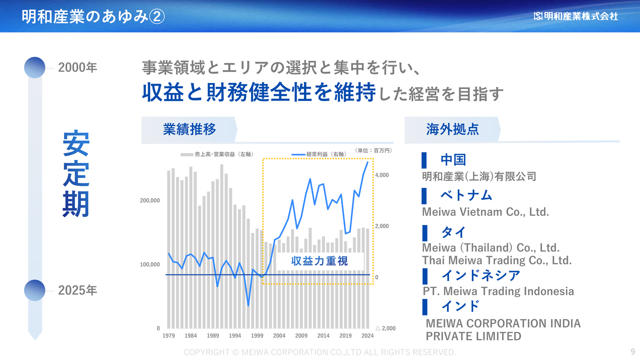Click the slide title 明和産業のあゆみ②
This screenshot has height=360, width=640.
[93, 16]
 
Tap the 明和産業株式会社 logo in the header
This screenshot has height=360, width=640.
[575, 16]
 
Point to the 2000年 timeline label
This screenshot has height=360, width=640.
[77, 67]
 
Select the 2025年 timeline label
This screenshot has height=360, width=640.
[77, 290]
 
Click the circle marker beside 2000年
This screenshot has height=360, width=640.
[34, 67]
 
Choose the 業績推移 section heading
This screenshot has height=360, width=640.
[189, 129]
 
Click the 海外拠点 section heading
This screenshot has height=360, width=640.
[452, 129]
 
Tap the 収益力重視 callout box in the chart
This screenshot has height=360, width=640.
[319, 261]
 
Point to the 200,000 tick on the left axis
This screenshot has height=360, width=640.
[149, 200]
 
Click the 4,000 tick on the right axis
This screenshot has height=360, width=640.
[381, 175]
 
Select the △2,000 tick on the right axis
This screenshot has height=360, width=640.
[385, 328]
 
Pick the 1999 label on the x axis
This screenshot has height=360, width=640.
[257, 335]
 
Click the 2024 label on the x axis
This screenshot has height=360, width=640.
[367, 335]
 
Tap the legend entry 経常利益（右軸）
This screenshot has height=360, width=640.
[319, 154]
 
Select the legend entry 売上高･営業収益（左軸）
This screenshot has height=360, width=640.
[217, 154]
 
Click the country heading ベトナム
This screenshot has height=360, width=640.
[466, 195]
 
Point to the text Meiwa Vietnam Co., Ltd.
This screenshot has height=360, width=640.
[485, 212]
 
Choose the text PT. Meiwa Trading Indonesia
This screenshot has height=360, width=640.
[498, 291]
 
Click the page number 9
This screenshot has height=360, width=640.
[633, 351]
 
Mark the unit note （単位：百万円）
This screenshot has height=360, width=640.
[373, 150]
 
